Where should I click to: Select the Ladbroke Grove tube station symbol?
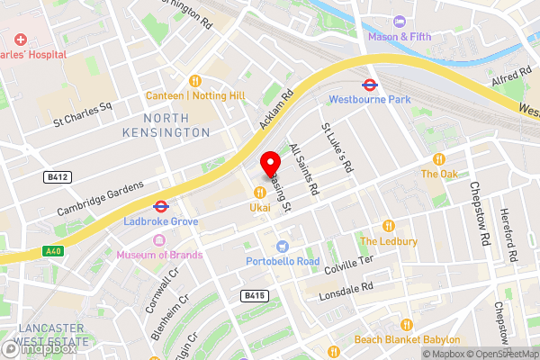(159, 207)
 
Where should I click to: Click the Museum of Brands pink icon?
(159, 240)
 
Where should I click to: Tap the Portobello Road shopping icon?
(283, 246)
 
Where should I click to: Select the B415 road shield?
(254, 295)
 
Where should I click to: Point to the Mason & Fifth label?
(400, 36)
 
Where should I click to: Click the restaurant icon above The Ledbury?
(389, 226)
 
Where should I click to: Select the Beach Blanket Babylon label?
(407, 339)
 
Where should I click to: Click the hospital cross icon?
(20, 40)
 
